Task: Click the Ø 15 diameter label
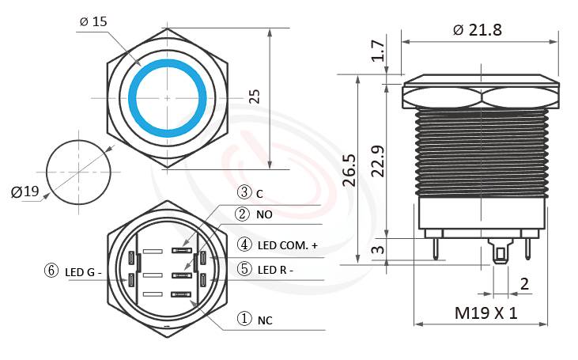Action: (x=93, y=21)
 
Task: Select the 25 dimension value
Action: (x=254, y=97)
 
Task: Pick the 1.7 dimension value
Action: (x=379, y=53)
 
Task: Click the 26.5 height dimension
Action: (x=349, y=169)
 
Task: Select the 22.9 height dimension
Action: (x=379, y=161)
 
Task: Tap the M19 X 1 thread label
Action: (x=485, y=313)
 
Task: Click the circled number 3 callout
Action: (x=244, y=192)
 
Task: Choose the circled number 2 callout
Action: (x=244, y=214)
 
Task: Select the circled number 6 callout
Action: (x=51, y=271)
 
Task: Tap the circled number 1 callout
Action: (x=244, y=319)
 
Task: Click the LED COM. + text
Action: (x=288, y=246)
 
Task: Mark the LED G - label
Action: (x=85, y=272)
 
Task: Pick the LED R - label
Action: (x=276, y=270)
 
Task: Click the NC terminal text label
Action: (x=265, y=320)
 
